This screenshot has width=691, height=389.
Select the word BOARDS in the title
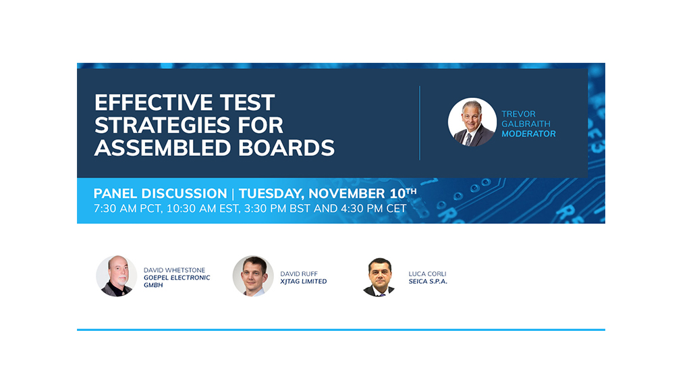tap(286, 148)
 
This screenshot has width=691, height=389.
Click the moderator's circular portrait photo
tap(472, 122)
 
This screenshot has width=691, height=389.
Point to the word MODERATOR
tap(528, 134)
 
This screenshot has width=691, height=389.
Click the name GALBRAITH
tap(526, 124)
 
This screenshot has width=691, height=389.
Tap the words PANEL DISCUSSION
tap(160, 193)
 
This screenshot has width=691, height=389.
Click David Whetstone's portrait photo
tap(116, 276)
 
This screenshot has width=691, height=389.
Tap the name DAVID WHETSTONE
tap(175, 270)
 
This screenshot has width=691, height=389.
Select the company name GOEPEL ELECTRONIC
tap(177, 278)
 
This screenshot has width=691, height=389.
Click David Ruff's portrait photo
tap(253, 276)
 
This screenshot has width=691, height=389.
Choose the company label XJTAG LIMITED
tap(304, 282)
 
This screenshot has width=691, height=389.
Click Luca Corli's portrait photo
tap(379, 277)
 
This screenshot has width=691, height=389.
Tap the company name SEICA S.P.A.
tap(428, 282)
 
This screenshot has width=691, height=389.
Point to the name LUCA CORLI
tap(427, 274)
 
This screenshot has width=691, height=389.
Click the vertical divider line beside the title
tap(420, 123)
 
